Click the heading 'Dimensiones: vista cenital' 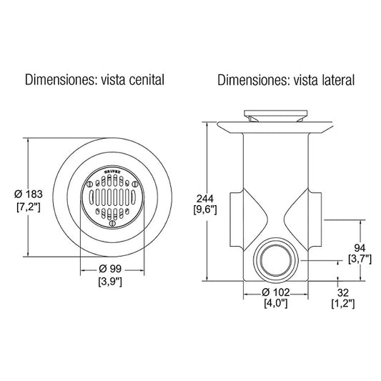(95, 79)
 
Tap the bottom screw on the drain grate (112, 222)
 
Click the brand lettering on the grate (112, 173)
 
